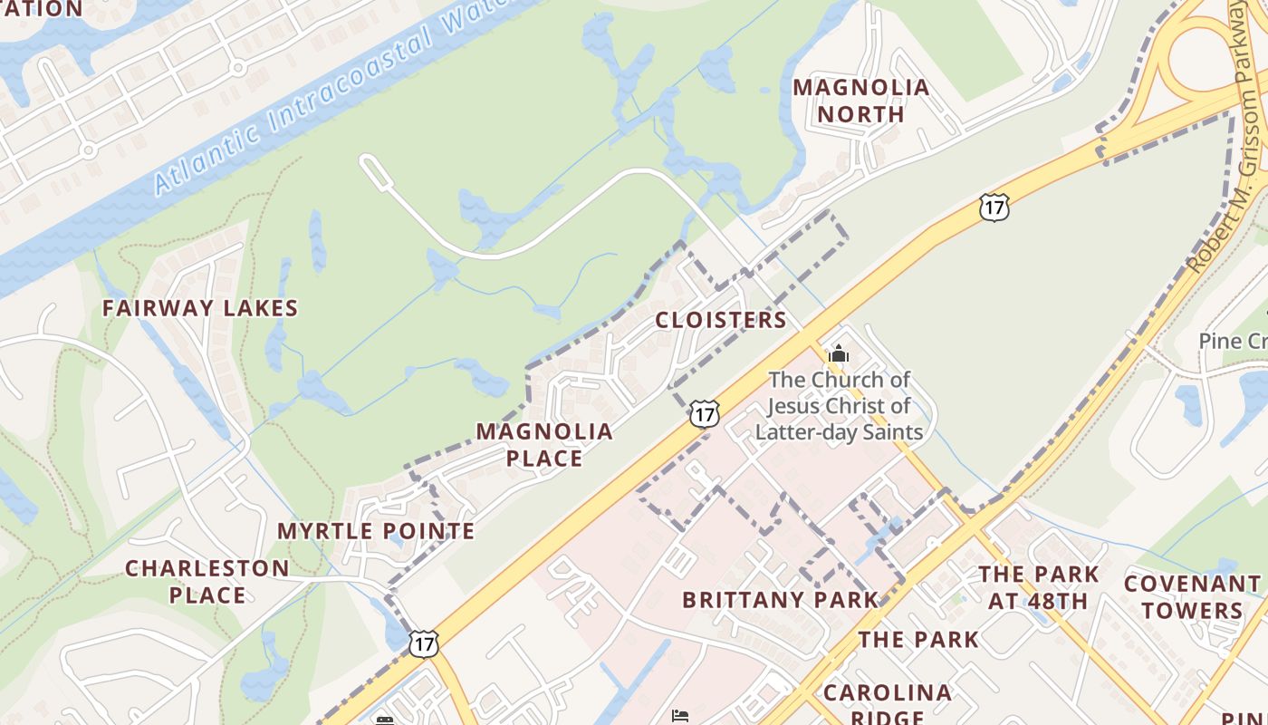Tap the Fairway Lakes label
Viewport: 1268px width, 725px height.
[200, 308]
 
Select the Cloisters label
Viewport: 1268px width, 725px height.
[721, 320]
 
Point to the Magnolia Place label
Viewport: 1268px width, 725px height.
[544, 444]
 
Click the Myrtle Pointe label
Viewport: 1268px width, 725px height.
[376, 531]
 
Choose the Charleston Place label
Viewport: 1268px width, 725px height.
[207, 582]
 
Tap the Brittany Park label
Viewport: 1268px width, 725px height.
[781, 600]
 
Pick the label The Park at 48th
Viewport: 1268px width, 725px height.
[1038, 587]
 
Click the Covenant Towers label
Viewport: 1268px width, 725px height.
[1191, 596]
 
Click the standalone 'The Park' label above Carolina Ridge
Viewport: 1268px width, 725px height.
[918, 640]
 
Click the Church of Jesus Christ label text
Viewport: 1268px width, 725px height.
[839, 406]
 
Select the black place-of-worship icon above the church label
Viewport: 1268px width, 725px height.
[839, 353]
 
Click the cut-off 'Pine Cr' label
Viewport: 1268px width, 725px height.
[1233, 342]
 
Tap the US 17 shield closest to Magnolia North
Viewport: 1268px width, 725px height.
[994, 208]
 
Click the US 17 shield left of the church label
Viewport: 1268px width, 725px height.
[704, 413]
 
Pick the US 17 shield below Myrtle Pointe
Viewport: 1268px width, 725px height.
[423, 643]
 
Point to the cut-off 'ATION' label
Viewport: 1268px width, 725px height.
[41, 9]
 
